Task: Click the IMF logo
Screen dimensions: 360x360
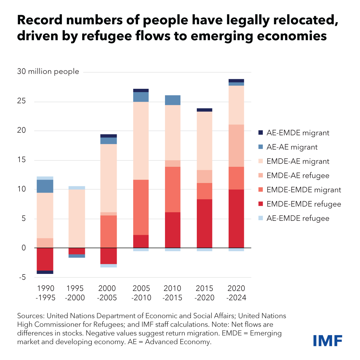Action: pyautogui.click(x=328, y=341)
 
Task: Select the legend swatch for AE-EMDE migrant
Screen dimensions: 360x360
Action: pyautogui.click(x=260, y=133)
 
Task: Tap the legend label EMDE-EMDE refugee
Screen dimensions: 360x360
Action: pyautogui.click(x=304, y=204)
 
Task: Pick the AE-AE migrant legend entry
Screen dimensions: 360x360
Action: pyautogui.click(x=292, y=147)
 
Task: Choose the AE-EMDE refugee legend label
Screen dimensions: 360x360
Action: pyautogui.click(x=298, y=218)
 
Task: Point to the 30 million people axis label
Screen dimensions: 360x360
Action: pyautogui.click(x=48, y=71)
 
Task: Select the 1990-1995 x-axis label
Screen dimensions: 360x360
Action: pyautogui.click(x=46, y=293)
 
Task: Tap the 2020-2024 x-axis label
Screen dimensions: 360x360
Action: pyautogui.click(x=237, y=293)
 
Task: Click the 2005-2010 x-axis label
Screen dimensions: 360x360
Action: pyautogui.click(x=141, y=293)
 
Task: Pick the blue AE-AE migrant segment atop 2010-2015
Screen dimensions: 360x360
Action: pyautogui.click(x=172, y=100)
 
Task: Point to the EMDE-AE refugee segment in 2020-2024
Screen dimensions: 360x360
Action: pyautogui.click(x=236, y=145)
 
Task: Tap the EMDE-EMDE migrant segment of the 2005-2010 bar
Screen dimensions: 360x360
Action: pyautogui.click(x=141, y=207)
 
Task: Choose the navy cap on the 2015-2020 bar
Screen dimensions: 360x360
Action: pyautogui.click(x=204, y=110)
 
